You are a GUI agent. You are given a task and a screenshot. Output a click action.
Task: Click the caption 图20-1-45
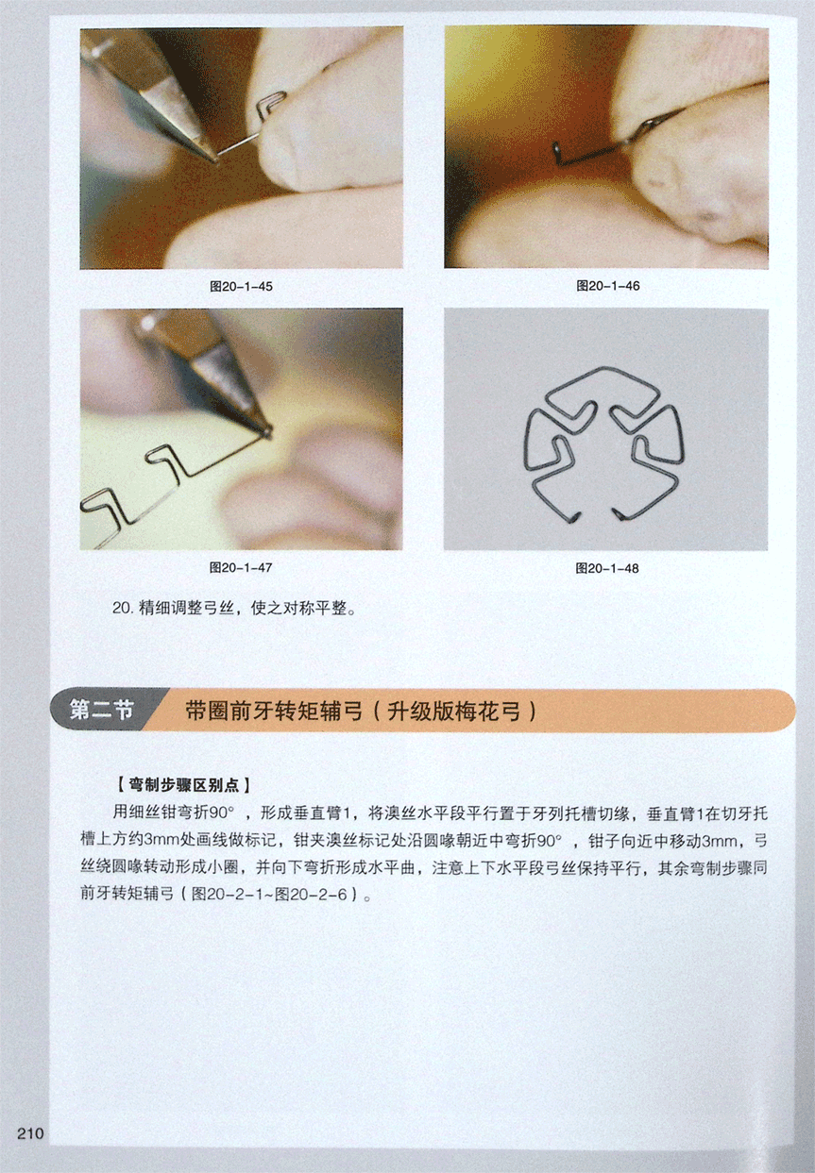pyautogui.click(x=241, y=287)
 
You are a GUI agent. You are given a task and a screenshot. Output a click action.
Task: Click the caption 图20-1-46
pyautogui.click(x=608, y=286)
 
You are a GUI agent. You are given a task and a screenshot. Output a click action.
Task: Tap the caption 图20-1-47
pyautogui.click(x=241, y=568)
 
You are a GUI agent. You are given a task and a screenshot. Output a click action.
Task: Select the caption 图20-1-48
pyautogui.click(x=607, y=568)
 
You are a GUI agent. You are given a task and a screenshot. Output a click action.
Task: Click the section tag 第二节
pyautogui.click(x=101, y=711)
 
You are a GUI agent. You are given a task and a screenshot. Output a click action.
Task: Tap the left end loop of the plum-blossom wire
pyautogui.click(x=575, y=517)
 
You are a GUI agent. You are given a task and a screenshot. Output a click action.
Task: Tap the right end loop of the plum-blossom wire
pyautogui.click(x=618, y=514)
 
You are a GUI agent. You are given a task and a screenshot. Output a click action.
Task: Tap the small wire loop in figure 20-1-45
pyautogui.click(x=272, y=103)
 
